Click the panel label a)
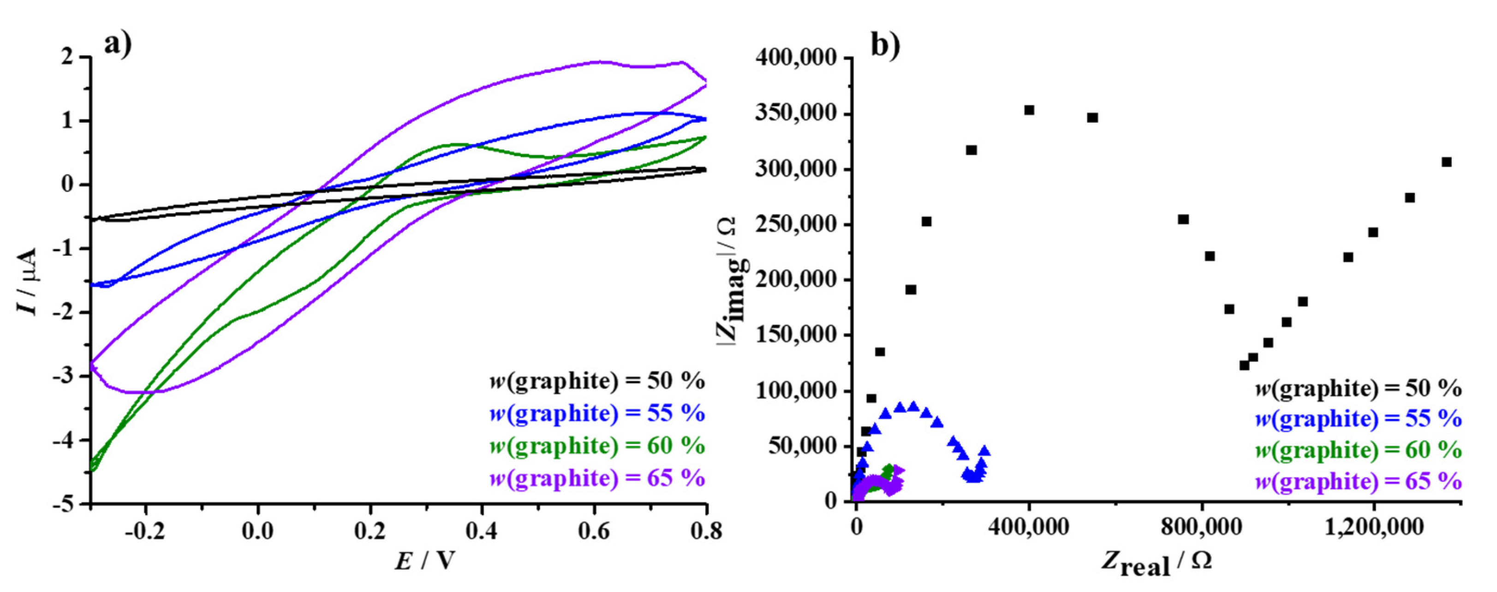[x=118, y=44]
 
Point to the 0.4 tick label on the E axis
[x=482, y=531]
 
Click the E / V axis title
[x=425, y=561]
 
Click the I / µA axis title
[x=28, y=281]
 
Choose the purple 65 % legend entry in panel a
[x=597, y=478]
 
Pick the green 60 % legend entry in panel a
[x=597, y=446]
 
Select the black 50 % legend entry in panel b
[x=1359, y=388]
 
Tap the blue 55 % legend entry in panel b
[x=1359, y=419]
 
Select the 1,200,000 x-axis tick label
[x=1374, y=527]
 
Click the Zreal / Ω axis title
[x=1157, y=563]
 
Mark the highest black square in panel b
[x=1029, y=110]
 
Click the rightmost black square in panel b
[x=1446, y=161]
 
